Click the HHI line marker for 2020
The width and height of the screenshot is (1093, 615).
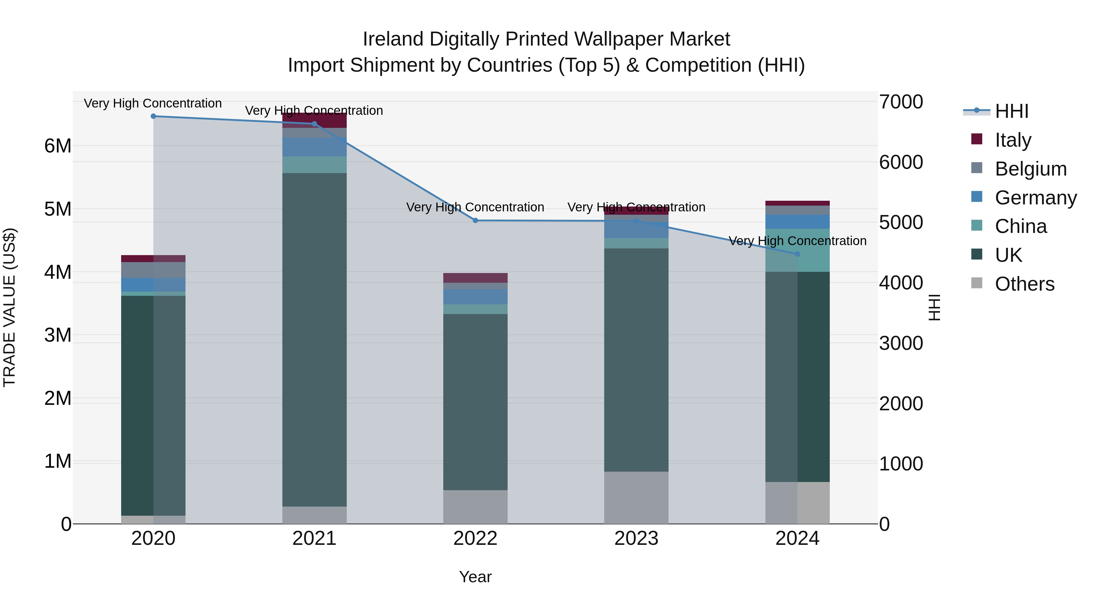pos(153,116)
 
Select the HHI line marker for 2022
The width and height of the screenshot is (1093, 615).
pos(475,221)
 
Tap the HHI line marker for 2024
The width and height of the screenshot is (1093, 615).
pos(797,254)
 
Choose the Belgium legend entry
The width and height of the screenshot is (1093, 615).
pos(1030,169)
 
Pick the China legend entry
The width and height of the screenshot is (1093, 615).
pos(1020,227)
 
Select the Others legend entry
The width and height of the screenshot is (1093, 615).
pos(1024,284)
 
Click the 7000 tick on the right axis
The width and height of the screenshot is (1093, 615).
pos(901,102)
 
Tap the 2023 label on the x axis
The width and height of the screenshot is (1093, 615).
pos(636,538)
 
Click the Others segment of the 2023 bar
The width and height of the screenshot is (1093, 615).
pos(636,497)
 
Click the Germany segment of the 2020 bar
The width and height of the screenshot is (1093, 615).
pos(153,285)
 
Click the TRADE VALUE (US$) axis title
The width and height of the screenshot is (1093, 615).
pos(9,307)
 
